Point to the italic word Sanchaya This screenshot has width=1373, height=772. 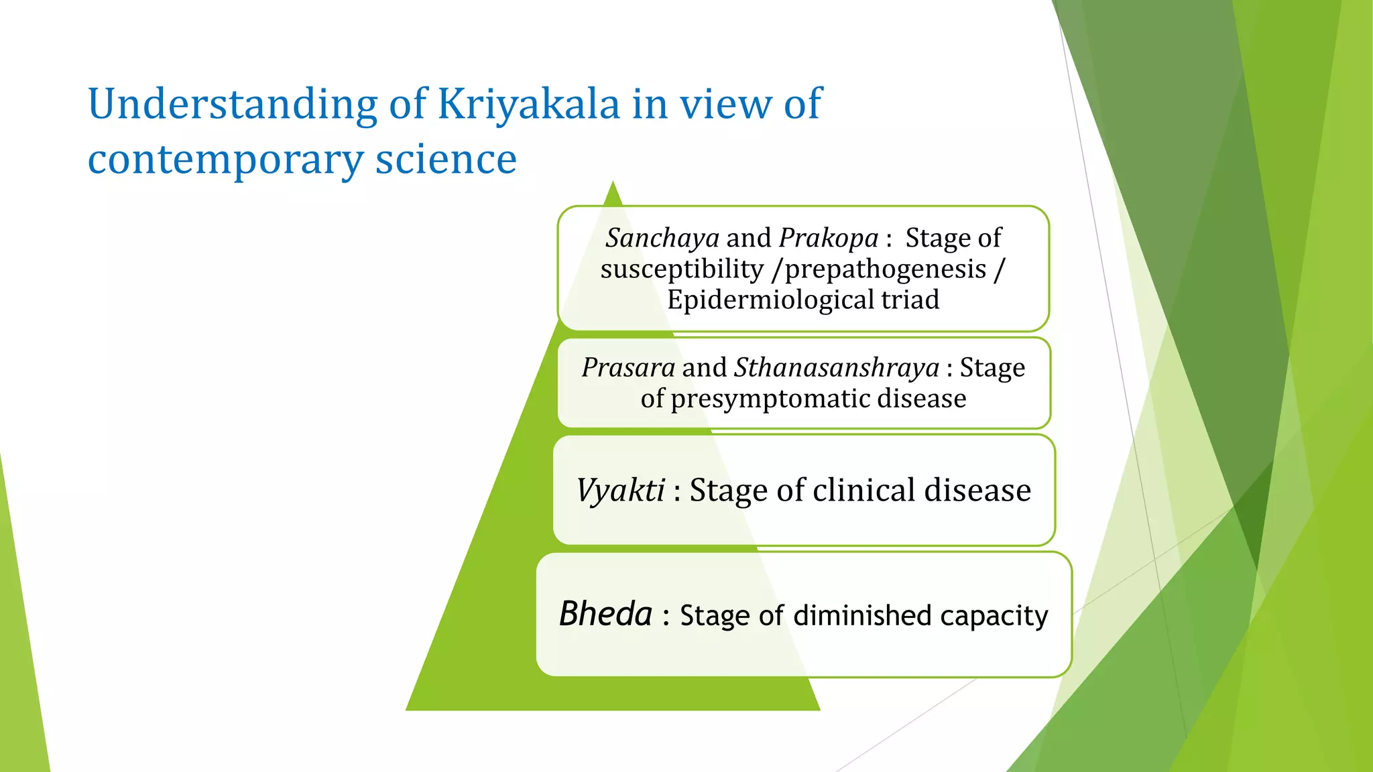pyautogui.click(x=662, y=238)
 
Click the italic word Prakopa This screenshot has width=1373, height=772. pyautogui.click(x=828, y=238)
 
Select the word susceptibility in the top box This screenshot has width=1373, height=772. pyautogui.click(x=682, y=269)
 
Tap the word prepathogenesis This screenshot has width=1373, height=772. pyautogui.click(x=885, y=269)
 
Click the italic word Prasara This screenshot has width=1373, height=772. pyautogui.click(x=628, y=367)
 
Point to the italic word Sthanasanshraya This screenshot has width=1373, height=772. pyautogui.click(x=836, y=367)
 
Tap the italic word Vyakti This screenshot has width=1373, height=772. pyautogui.click(x=621, y=490)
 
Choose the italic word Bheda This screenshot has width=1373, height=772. pyautogui.click(x=605, y=614)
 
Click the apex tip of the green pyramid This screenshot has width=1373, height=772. pyautogui.click(x=613, y=183)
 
